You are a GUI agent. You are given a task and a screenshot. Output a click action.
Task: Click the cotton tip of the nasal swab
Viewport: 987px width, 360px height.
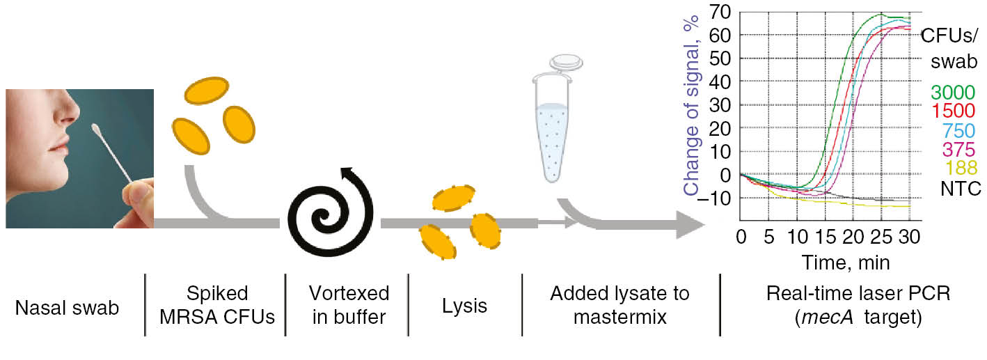pyautogui.click(x=95, y=130)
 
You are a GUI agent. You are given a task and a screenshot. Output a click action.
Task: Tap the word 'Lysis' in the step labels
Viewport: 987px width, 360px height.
pyautogui.click(x=464, y=306)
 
